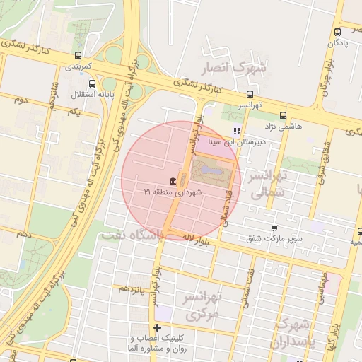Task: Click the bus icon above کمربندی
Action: (x=78, y=55)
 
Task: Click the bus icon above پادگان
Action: (x=338, y=32)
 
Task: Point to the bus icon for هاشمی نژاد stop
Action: (x=284, y=115)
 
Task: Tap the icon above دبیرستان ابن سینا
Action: (x=237, y=131)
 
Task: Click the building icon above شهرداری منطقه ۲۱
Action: (x=173, y=182)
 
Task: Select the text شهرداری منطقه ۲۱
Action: (x=173, y=192)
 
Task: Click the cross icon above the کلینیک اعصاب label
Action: (x=157, y=327)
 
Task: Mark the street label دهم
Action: (x=25, y=233)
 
